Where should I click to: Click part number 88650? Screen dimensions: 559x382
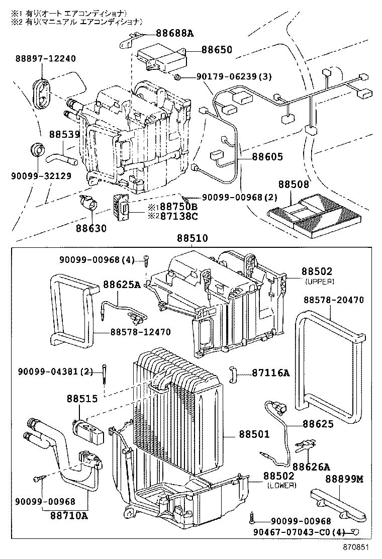[x=217, y=49]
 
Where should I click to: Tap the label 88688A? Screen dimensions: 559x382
[x=174, y=34]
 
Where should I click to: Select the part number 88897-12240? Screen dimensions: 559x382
[x=46, y=58]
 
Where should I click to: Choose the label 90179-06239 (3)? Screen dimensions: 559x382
[x=234, y=77]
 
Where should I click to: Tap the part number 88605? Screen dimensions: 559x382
[x=267, y=157]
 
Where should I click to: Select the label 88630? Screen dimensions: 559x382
[x=91, y=228]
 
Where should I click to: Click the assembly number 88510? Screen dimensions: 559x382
[x=192, y=238]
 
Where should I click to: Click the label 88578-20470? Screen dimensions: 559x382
[x=334, y=300]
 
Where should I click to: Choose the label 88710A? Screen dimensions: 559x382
[x=69, y=515]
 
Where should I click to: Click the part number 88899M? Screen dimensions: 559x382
[x=344, y=479]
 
